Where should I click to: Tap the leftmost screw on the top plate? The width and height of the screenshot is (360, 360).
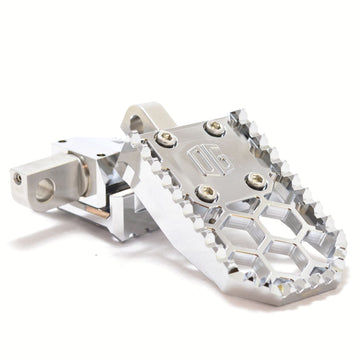click(x=166, y=139)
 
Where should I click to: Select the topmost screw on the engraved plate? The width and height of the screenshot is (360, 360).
click(x=213, y=127)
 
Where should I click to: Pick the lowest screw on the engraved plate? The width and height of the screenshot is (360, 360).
click(x=204, y=194)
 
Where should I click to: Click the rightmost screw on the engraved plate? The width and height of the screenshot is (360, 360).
click(x=256, y=180)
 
